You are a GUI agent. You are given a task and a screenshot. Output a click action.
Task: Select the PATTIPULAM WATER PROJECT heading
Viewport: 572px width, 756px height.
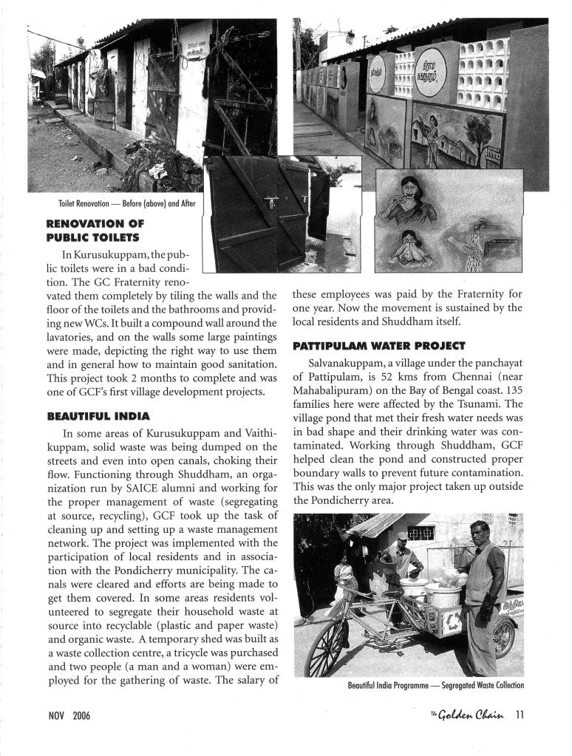pos(378,345)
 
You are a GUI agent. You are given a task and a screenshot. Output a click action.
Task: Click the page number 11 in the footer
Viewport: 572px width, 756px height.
pos(520,715)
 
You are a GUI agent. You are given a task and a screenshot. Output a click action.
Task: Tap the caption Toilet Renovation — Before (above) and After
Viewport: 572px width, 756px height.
pos(126,203)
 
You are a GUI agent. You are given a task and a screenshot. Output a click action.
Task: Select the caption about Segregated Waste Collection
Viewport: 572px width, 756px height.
pos(435,685)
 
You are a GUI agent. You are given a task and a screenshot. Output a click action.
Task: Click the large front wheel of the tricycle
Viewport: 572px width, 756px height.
pos(327,644)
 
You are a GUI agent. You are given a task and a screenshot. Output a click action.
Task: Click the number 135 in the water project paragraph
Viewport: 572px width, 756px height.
pos(512,390)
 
